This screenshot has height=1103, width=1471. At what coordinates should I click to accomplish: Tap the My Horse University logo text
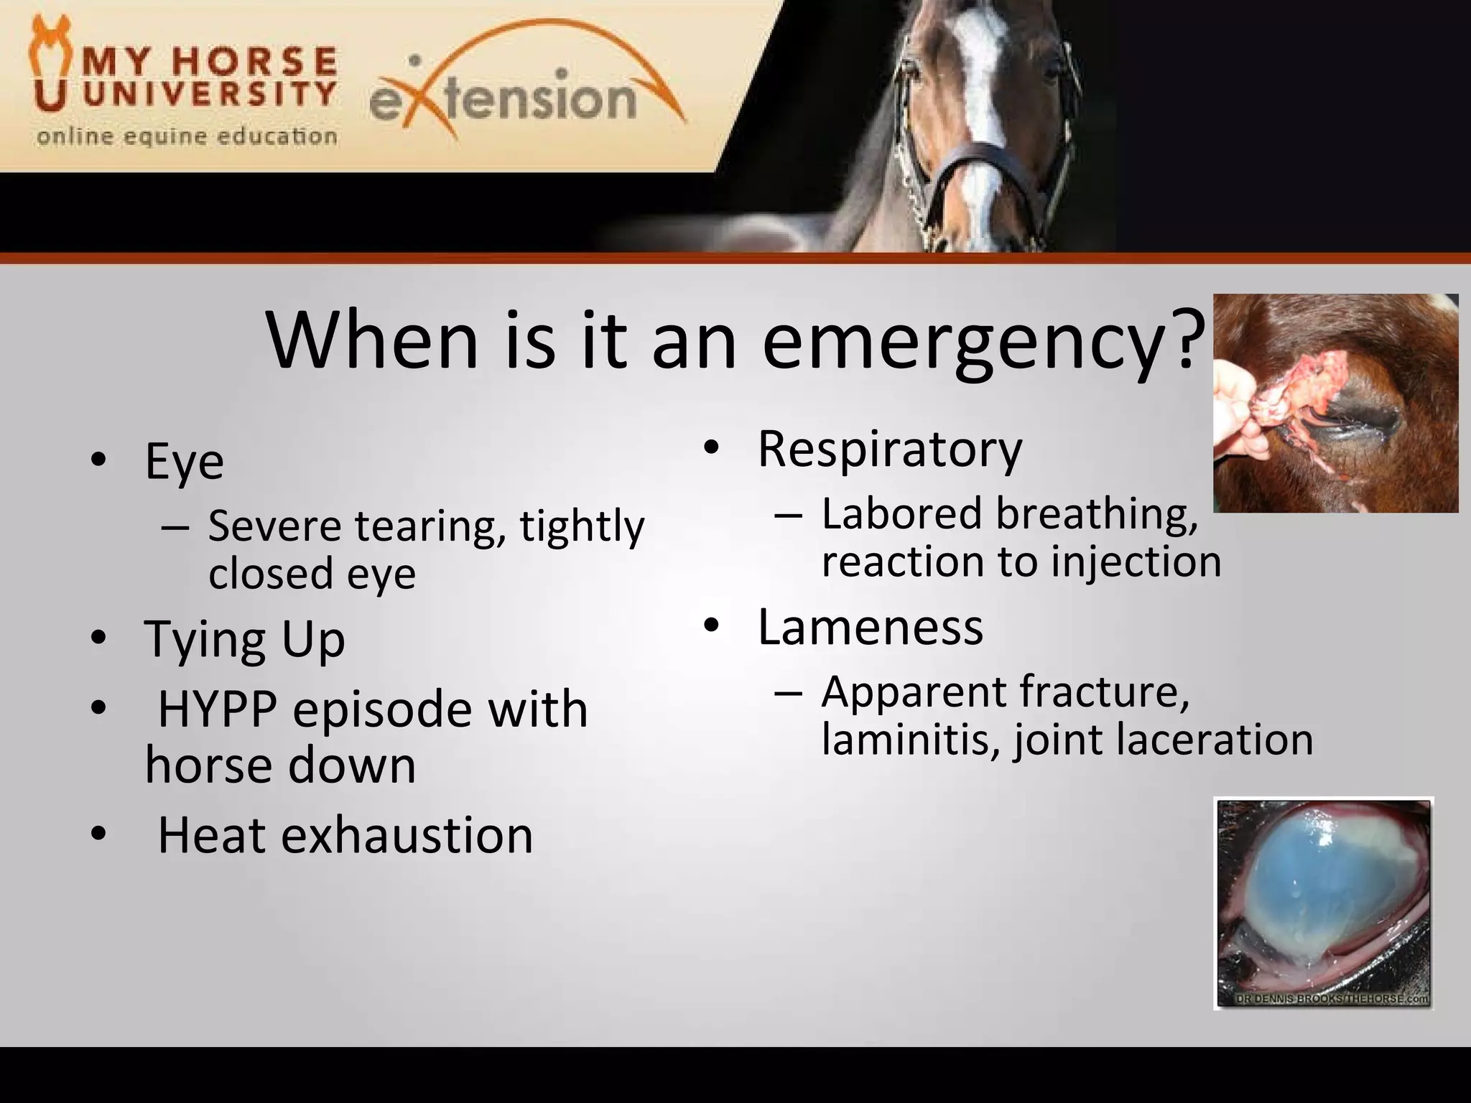pyautogui.click(x=208, y=79)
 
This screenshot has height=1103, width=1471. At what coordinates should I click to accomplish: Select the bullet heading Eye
pyautogui.click(x=184, y=461)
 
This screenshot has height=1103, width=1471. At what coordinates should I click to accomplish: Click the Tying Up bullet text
pyautogui.click(x=244, y=639)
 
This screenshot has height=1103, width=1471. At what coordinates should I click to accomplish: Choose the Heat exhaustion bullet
pyautogui.click(x=345, y=835)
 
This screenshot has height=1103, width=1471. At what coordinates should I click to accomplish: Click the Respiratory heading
pyautogui.click(x=889, y=450)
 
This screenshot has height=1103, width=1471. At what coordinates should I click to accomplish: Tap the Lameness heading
pyautogui.click(x=870, y=627)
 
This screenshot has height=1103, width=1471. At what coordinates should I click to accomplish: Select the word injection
pyautogui.click(x=1136, y=562)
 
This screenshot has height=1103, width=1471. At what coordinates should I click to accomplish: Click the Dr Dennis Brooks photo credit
pyautogui.click(x=1332, y=1000)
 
